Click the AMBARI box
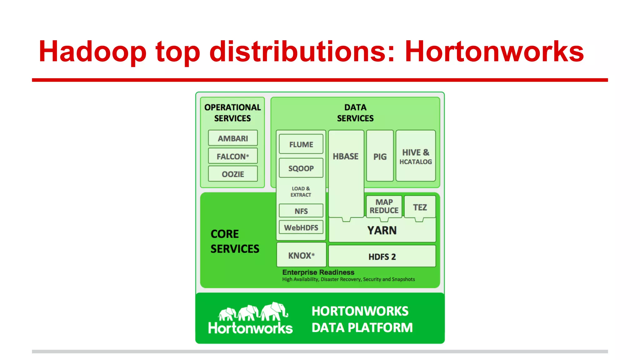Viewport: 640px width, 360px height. pos(233,138)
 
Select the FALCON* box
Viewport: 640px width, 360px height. pos(233,156)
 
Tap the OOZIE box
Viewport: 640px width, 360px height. pos(233,174)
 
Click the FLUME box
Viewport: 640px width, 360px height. pos(301,144)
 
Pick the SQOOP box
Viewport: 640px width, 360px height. pos(301,168)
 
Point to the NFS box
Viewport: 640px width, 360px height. pos(301,211)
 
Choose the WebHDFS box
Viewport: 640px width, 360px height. pos(301,227)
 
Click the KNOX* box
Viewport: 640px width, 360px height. pos(301,255)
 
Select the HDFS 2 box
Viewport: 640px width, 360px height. pos(382,257)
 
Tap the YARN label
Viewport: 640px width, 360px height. pos(382,231)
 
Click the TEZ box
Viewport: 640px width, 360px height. pos(420,207)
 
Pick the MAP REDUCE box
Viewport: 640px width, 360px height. pos(384,206)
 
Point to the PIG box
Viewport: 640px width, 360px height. pos(380,156)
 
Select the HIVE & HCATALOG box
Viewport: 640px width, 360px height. pos(416,156)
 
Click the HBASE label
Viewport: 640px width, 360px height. pos(346,156)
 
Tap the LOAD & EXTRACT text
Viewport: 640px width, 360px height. pos(301,192)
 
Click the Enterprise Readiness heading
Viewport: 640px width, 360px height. pos(318,272)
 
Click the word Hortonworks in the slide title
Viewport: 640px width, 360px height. pos(494,52)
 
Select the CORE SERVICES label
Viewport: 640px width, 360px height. pos(234,241)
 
